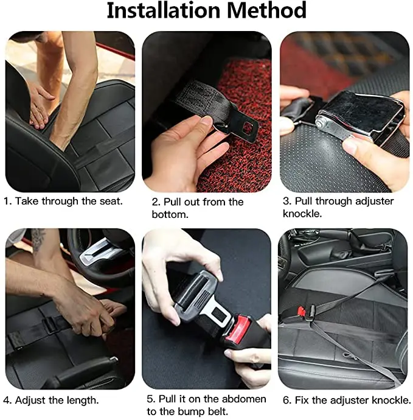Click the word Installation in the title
pos(163,10)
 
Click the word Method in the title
pos(266,10)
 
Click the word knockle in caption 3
pos(300,214)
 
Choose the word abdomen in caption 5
pos(244,399)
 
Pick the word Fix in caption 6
pos(302,400)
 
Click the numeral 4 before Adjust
pos(6,401)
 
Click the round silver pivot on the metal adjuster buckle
pos(321,124)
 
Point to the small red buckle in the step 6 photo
pos(301,311)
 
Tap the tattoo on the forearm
pos(38,240)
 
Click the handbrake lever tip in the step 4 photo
pos(114,359)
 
